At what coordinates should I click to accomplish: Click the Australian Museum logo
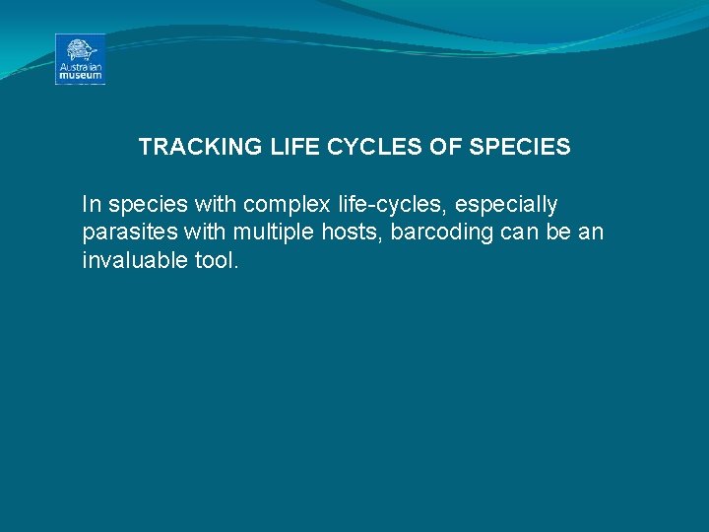point(80,59)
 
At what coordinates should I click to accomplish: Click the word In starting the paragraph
point(92,205)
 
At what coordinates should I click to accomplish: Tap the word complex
point(279,206)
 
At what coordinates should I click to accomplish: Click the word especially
point(506,206)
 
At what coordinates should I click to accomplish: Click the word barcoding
point(429,233)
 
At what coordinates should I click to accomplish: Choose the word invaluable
point(131,261)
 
